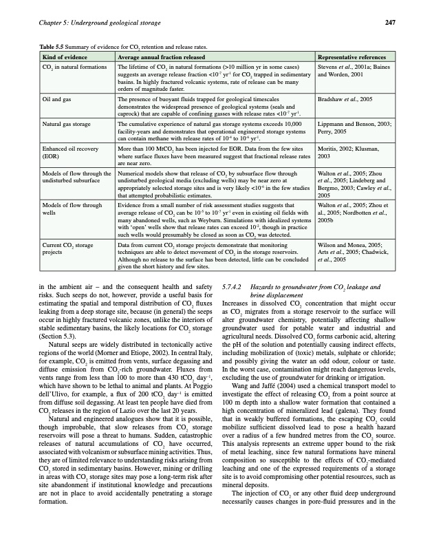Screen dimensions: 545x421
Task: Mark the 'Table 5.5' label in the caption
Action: pos(56,45)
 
